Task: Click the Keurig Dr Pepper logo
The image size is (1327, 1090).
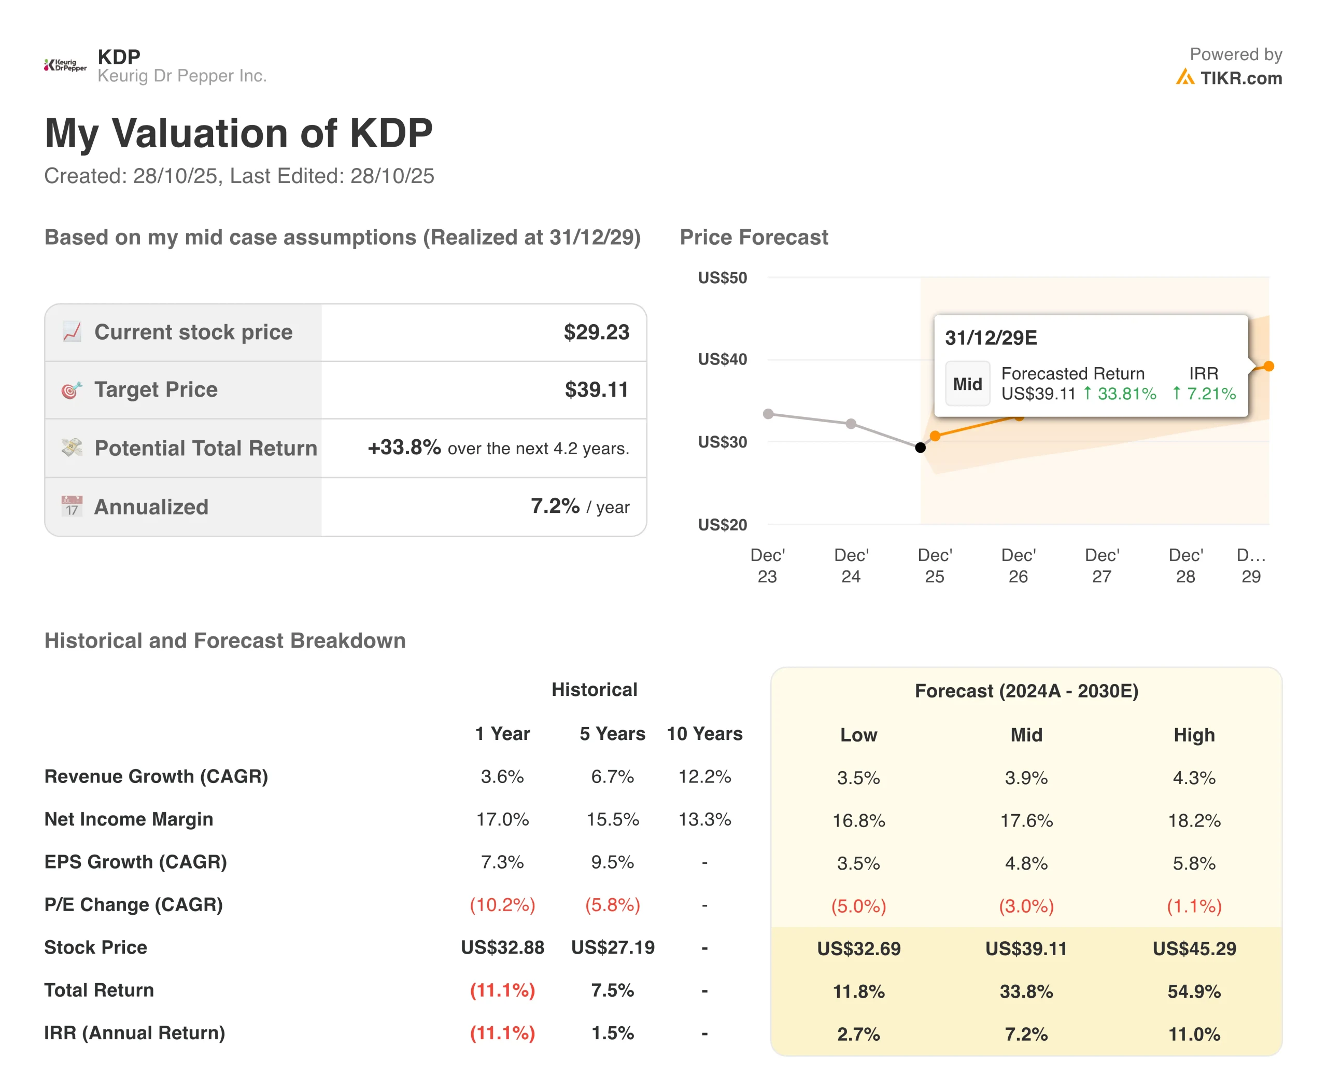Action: pyautogui.click(x=65, y=65)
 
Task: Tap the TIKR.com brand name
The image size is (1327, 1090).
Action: pyautogui.click(x=1240, y=78)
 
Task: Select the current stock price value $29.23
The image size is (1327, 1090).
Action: pyautogui.click(x=596, y=332)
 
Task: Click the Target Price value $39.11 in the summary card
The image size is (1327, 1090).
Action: pyautogui.click(x=596, y=390)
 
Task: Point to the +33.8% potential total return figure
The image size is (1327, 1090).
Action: pyautogui.click(x=404, y=448)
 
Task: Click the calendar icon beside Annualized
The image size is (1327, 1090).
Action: pyautogui.click(x=72, y=506)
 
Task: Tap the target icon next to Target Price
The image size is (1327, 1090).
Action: pyautogui.click(x=72, y=390)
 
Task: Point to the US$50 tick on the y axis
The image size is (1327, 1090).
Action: pyautogui.click(x=722, y=277)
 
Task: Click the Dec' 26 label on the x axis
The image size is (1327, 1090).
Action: pyautogui.click(x=1018, y=566)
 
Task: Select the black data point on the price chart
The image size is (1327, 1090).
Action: pyautogui.click(x=920, y=448)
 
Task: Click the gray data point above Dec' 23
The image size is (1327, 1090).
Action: pyautogui.click(x=768, y=414)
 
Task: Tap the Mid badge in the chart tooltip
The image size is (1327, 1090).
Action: pyautogui.click(x=967, y=384)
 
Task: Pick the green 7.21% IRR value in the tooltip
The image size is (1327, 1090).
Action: pyautogui.click(x=1210, y=394)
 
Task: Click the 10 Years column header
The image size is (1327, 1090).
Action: pyautogui.click(x=704, y=733)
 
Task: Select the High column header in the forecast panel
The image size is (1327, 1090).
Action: pyautogui.click(x=1194, y=735)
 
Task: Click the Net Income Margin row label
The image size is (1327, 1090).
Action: pyautogui.click(x=129, y=819)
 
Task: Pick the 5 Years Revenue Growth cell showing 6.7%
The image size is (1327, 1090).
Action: pyautogui.click(x=612, y=777)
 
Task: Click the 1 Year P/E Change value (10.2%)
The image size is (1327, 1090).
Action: pyautogui.click(x=502, y=905)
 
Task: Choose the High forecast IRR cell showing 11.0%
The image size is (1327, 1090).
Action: pyautogui.click(x=1194, y=1034)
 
